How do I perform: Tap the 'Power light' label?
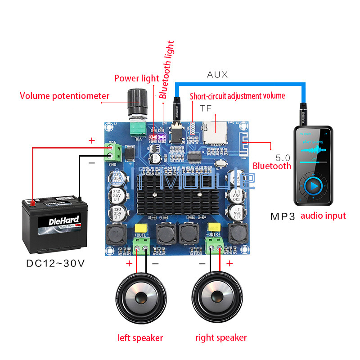137,78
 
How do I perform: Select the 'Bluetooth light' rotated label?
166,70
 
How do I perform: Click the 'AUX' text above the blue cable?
217,75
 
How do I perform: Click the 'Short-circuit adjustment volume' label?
237,96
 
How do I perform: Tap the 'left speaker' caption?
140,337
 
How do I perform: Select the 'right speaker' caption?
221,337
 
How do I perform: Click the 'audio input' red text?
323,216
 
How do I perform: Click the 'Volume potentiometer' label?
65,96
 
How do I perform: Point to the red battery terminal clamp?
32,202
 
